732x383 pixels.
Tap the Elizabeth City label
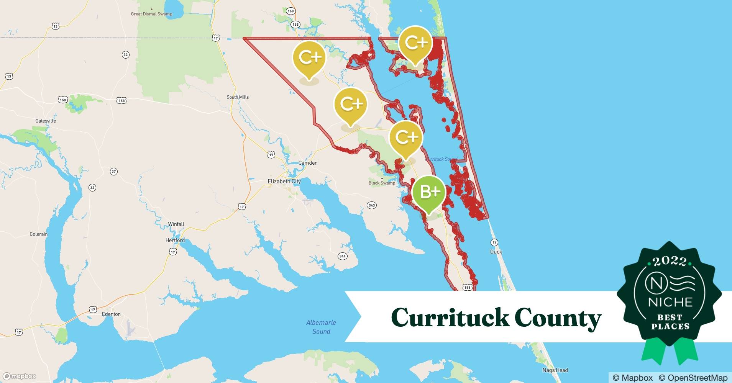point(284,181)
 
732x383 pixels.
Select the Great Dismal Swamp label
point(151,14)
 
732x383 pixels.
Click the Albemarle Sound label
point(321,327)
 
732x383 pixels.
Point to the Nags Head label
point(555,370)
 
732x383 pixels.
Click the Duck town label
point(496,252)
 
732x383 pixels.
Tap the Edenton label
point(111,314)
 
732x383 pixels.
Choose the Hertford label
point(175,240)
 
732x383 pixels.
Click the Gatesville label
point(46,121)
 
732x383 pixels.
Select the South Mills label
point(238,97)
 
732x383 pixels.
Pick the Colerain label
point(39,234)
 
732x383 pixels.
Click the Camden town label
point(308,163)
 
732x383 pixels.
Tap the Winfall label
point(176,224)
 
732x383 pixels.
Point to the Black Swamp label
point(382,183)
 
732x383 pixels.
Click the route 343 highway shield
point(371,205)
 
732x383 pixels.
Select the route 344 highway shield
point(342,256)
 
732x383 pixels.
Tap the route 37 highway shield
point(114,171)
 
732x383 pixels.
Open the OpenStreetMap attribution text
point(693,378)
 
